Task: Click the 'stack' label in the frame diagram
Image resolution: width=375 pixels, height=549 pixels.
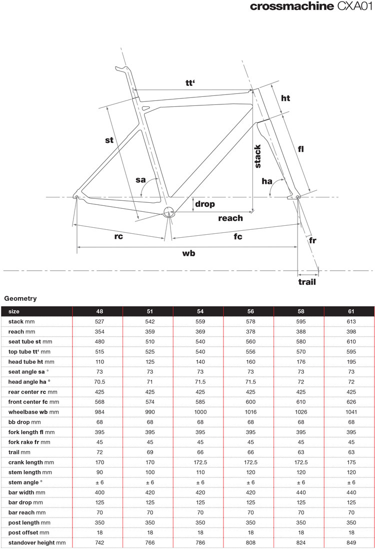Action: pyautogui.click(x=257, y=156)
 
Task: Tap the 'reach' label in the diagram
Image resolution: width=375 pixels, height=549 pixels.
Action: pyautogui.click(x=230, y=218)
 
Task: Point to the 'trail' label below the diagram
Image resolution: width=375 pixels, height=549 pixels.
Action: pyautogui.click(x=307, y=282)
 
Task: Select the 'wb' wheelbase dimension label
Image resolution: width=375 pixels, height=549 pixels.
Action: pyautogui.click(x=188, y=253)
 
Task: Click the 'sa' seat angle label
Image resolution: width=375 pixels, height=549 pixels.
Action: pyautogui.click(x=140, y=180)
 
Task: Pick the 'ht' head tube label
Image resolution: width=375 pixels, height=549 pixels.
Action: pyautogui.click(x=285, y=98)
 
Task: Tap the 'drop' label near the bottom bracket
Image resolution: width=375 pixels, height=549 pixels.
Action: pyautogui.click(x=205, y=204)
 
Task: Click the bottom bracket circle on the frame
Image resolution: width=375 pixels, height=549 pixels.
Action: pyautogui.click(x=168, y=211)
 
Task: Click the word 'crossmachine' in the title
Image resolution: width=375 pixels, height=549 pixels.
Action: pyautogui.click(x=291, y=6)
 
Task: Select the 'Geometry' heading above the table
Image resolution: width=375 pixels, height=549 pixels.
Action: pyautogui.click(x=20, y=299)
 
